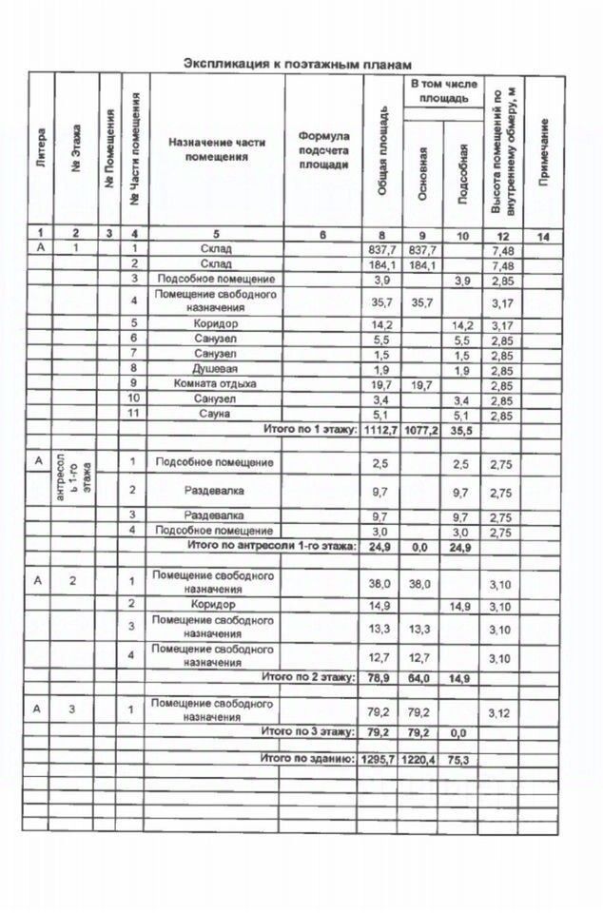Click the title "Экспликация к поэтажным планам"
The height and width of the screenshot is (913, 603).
pos(298,64)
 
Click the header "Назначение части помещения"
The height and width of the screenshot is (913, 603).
pos(217,149)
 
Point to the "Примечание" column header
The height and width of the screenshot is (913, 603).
pos(544,152)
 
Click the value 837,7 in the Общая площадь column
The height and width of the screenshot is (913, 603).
pos(380,249)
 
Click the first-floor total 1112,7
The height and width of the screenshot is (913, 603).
pos(380,430)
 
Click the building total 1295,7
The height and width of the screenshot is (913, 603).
pos(380,760)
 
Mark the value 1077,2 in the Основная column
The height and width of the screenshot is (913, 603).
pos(422,430)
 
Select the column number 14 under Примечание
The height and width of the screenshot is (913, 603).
pos(544,233)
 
